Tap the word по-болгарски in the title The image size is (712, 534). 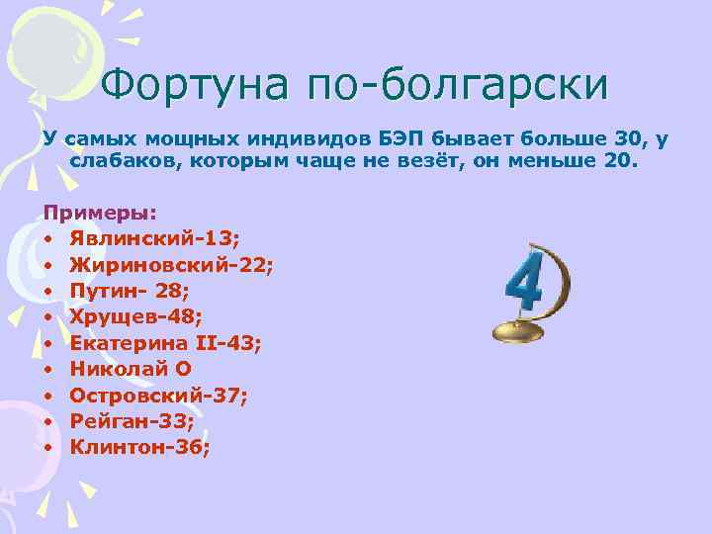[458, 86]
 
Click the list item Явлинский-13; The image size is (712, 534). [162, 239]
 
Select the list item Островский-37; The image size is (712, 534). [159, 395]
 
